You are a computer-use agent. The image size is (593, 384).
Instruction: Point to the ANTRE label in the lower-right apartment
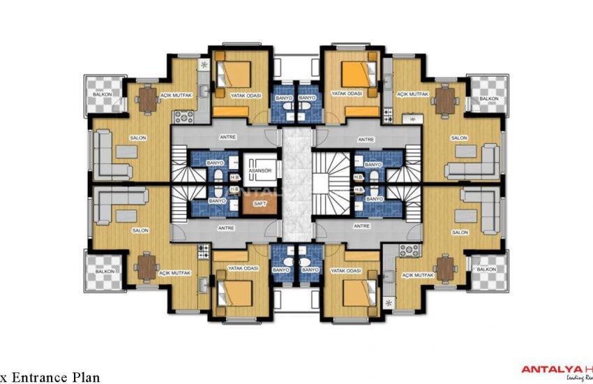(x=361, y=227)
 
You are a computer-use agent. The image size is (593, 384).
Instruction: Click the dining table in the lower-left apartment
(x=148, y=265)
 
